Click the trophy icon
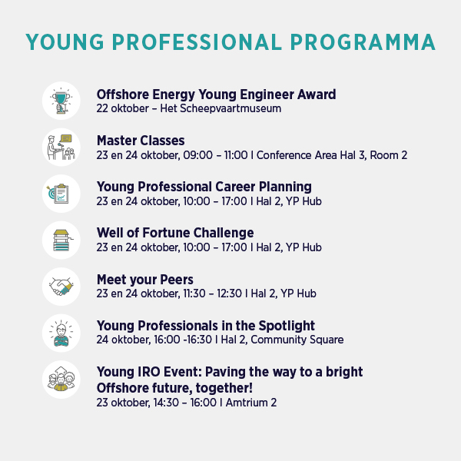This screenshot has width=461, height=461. [x=61, y=101]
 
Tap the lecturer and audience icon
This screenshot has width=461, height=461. [x=61, y=148]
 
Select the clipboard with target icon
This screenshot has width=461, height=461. [x=59, y=194]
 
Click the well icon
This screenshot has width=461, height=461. [x=61, y=240]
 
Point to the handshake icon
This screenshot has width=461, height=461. [x=61, y=287]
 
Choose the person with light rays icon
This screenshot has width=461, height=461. [x=61, y=333]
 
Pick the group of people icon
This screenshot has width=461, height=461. [x=61, y=380]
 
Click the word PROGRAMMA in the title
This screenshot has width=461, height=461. [x=363, y=42]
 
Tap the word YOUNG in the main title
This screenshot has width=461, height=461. [x=65, y=42]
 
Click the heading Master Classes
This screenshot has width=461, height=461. [x=141, y=141]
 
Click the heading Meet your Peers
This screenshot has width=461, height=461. [x=145, y=280]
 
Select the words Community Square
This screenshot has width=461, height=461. [x=297, y=340]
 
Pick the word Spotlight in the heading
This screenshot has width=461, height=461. [x=287, y=326]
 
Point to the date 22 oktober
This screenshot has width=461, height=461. [x=123, y=108]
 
